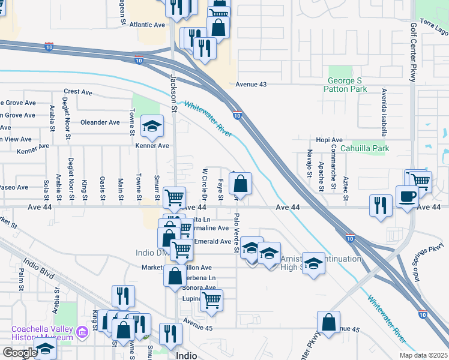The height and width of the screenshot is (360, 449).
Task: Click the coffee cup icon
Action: coord(407,196)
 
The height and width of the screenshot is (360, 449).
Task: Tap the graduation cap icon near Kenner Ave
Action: coord(152,126)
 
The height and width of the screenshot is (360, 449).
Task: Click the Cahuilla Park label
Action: coord(364,148)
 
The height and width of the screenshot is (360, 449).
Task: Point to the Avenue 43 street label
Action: coord(251,85)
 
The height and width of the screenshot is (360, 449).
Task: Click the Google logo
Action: coord(19,352)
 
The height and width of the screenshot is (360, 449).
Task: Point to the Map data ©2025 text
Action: coord(424,355)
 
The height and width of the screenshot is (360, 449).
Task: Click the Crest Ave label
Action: coord(78,92)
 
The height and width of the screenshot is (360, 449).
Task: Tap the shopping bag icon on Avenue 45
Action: coord(329,322)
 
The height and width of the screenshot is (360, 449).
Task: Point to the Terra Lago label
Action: coord(434,26)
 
